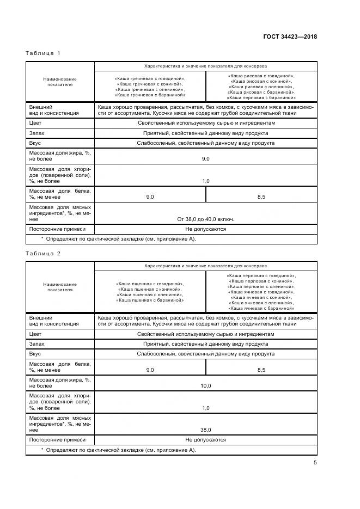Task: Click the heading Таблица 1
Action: point(43,53)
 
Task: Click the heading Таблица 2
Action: point(43,254)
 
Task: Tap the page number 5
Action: point(315,463)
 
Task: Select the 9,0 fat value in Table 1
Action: point(205,158)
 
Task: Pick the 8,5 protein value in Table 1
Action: point(261,197)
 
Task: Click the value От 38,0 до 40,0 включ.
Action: point(205,219)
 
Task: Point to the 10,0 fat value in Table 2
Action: point(205,385)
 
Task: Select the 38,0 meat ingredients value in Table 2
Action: point(205,429)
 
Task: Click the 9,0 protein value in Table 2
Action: point(150,370)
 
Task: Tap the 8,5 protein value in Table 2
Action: point(261,370)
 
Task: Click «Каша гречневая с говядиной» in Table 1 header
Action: point(150,79)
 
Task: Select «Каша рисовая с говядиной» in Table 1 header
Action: point(261,76)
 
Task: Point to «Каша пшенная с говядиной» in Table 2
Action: point(150,284)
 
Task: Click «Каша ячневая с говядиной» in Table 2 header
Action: point(262,292)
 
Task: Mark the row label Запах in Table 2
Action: point(37,344)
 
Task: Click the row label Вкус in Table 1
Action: point(35,143)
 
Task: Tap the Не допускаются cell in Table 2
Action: point(205,439)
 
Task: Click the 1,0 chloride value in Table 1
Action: point(205,181)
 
